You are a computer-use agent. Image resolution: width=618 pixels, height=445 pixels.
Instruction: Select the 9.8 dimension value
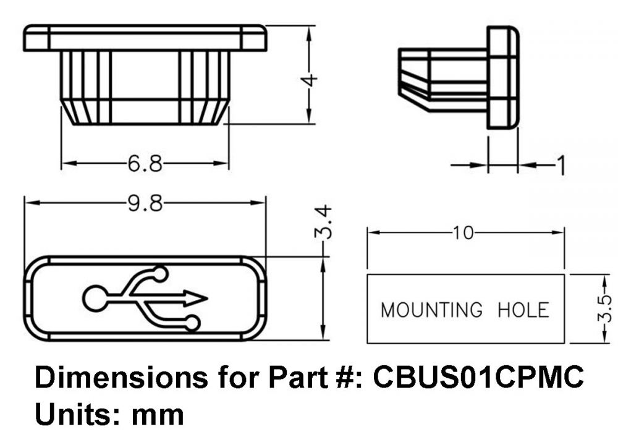[x=145, y=203]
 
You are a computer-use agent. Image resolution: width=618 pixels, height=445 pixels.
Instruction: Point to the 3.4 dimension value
[x=326, y=222]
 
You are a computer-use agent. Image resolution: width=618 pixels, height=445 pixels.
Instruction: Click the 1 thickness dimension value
[x=561, y=166]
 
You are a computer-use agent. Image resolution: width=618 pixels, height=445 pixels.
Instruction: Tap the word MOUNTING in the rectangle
[x=431, y=309]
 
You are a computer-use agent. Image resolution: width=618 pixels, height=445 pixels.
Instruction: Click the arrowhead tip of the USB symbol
[x=206, y=299]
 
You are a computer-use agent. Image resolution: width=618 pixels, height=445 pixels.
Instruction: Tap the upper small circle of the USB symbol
[x=161, y=273]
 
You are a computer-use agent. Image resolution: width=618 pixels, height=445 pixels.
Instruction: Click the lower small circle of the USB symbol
[x=192, y=323]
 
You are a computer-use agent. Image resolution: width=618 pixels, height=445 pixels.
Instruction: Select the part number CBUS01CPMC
[x=478, y=378]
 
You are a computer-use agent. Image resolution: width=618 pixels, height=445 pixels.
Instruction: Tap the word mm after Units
[x=158, y=413]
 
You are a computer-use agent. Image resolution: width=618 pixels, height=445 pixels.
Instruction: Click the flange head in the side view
[x=502, y=77]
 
